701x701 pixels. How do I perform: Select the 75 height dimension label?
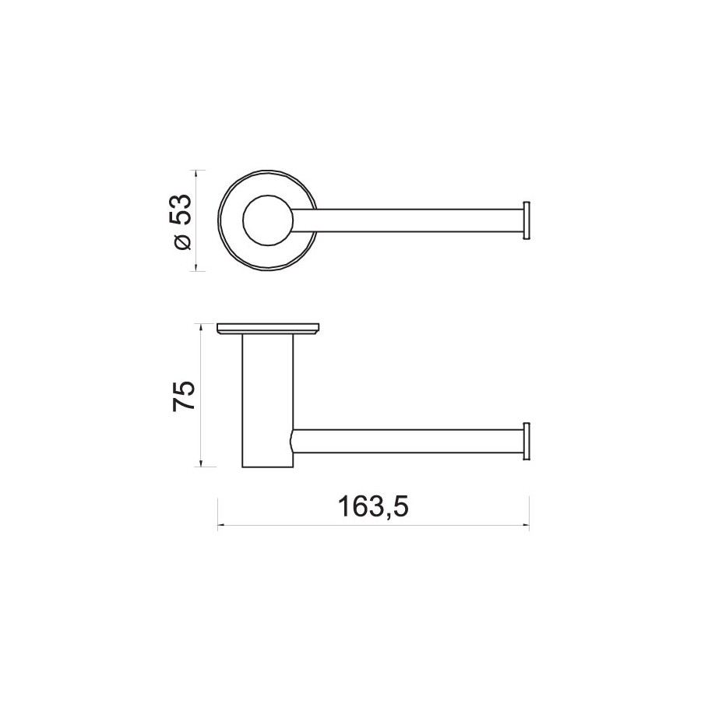point(184,395)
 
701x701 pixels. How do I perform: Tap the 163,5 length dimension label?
point(373,507)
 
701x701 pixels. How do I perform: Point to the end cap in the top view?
point(527,220)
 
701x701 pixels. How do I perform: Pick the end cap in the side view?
point(527,441)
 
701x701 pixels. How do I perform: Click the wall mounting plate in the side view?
point(269,329)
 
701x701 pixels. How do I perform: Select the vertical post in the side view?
point(268,400)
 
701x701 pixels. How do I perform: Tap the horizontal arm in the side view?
point(407,441)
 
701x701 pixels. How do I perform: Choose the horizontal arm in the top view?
point(407,220)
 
